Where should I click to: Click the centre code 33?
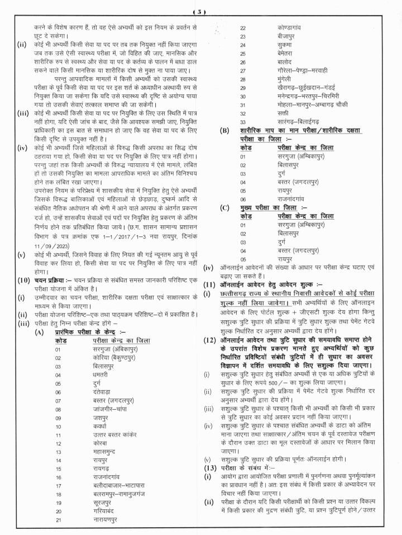pos(243,121)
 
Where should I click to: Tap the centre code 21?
pos(58,520)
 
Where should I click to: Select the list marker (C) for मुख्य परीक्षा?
pos(224,207)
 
